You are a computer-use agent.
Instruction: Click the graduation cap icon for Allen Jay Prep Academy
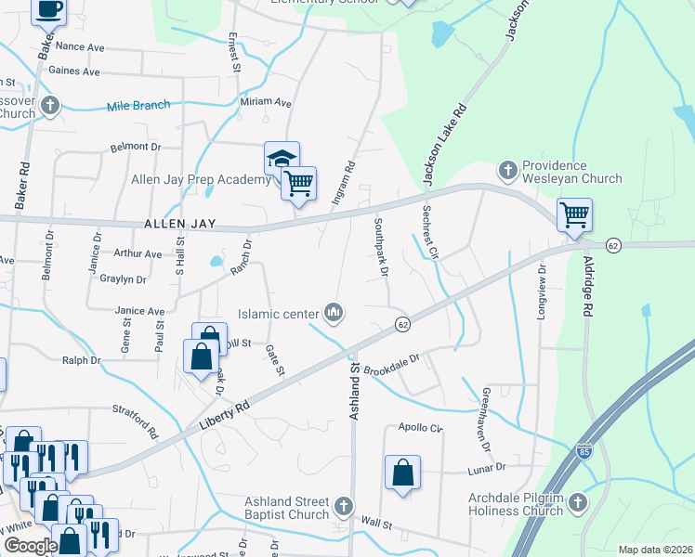point(282,159)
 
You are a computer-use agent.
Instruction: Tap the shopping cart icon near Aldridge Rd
point(574,214)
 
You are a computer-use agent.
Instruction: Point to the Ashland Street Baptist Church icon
point(344,506)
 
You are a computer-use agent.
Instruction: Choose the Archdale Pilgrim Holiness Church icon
point(577,502)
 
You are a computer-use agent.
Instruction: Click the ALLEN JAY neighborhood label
point(179,225)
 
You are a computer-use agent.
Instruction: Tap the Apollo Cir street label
point(421,428)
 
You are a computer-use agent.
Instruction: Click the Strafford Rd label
point(137,421)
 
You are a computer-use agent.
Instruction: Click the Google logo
point(30,546)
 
